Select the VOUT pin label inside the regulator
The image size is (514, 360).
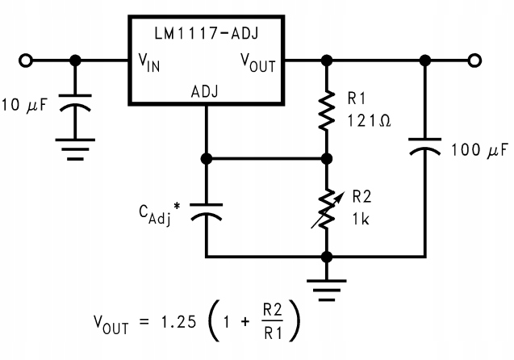(x=257, y=63)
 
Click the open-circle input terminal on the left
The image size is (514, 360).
(x=27, y=61)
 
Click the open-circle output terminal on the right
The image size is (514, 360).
(x=475, y=61)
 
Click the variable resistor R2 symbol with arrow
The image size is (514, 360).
(x=327, y=206)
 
